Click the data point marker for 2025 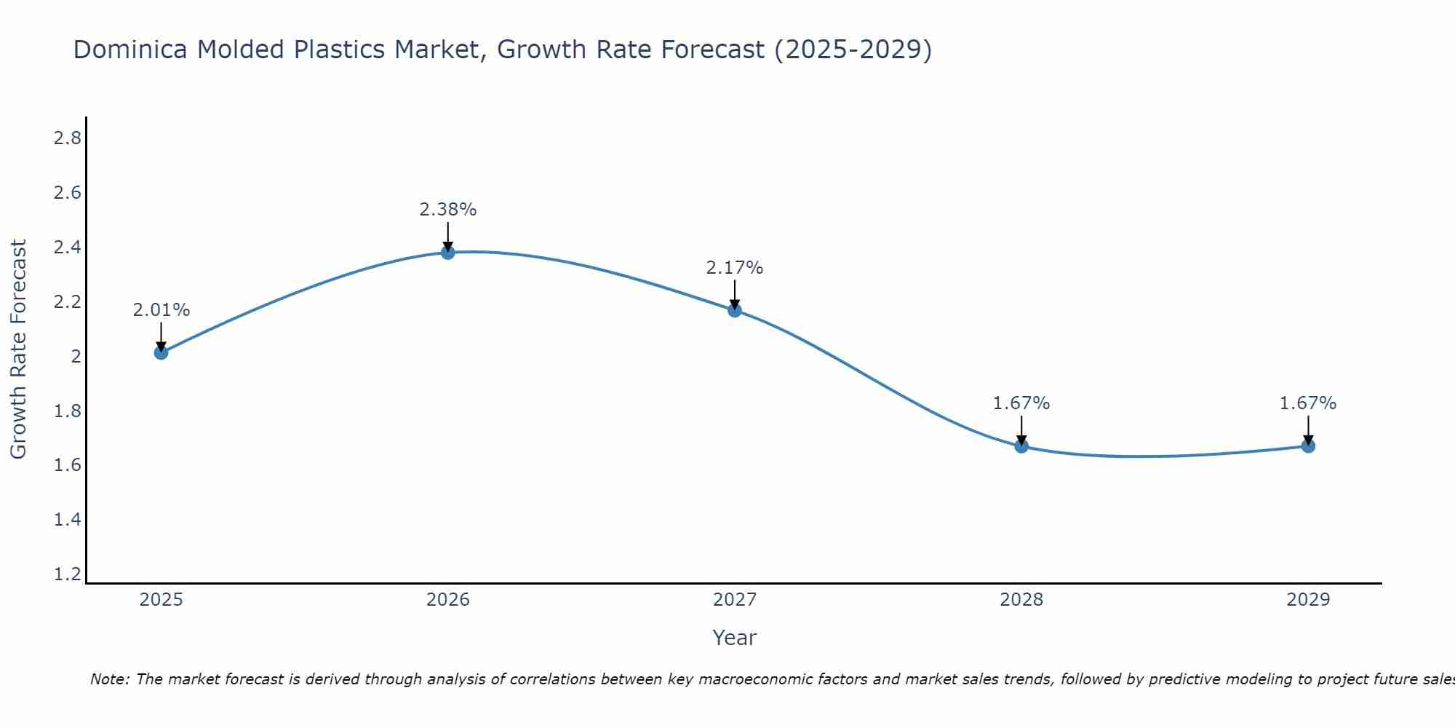pyautogui.click(x=161, y=352)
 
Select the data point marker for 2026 pyautogui.click(x=448, y=252)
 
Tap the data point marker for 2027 pyautogui.click(x=735, y=310)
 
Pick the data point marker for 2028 pyautogui.click(x=1021, y=446)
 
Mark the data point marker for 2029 pyautogui.click(x=1308, y=446)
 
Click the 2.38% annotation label pyautogui.click(x=448, y=210)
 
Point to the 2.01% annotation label pyautogui.click(x=161, y=310)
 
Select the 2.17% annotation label pyautogui.click(x=735, y=268)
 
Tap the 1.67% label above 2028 pyautogui.click(x=1021, y=403)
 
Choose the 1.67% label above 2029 pyautogui.click(x=1308, y=403)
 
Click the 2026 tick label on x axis pyautogui.click(x=448, y=600)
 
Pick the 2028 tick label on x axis pyautogui.click(x=1021, y=600)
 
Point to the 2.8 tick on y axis pyautogui.click(x=68, y=138)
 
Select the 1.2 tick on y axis pyautogui.click(x=68, y=574)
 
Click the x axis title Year pyautogui.click(x=735, y=638)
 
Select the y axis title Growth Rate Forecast pyautogui.click(x=18, y=349)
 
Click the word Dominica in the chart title pyautogui.click(x=132, y=50)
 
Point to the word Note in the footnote pyautogui.click(x=109, y=679)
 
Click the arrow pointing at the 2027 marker pyautogui.click(x=735, y=295)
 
